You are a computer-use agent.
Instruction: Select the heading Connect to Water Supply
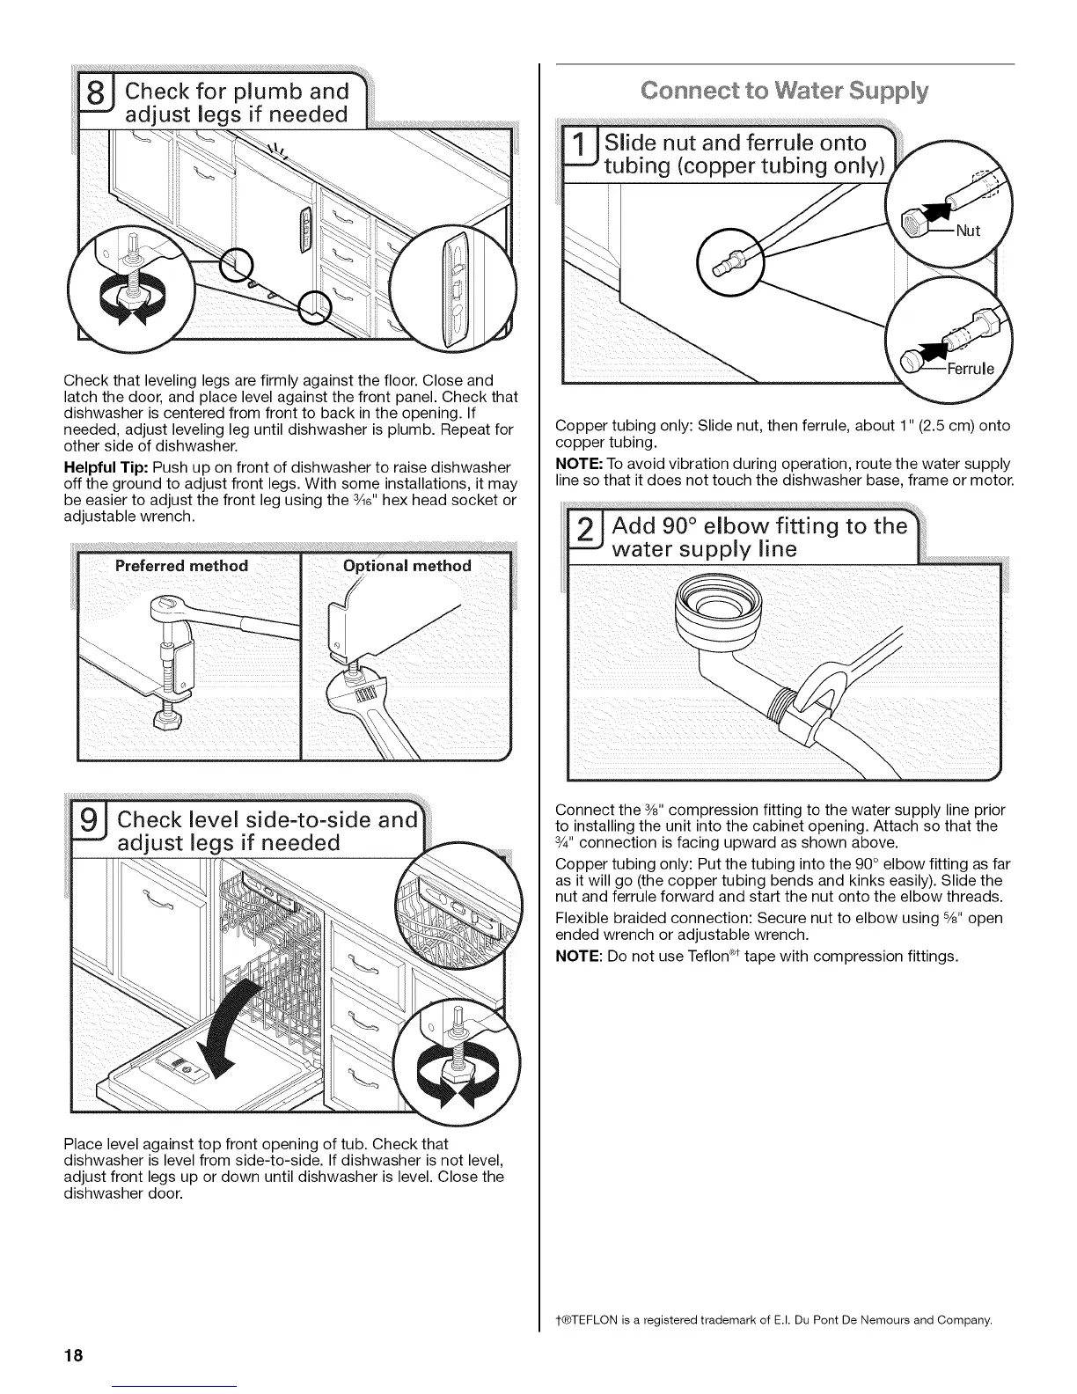tap(785, 92)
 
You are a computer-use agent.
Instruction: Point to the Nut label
tap(967, 231)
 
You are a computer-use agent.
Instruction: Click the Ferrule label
tap(968, 369)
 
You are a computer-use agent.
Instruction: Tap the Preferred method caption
tap(181, 566)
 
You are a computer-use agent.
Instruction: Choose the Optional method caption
tap(407, 566)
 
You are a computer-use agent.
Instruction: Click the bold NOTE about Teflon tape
tap(579, 956)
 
